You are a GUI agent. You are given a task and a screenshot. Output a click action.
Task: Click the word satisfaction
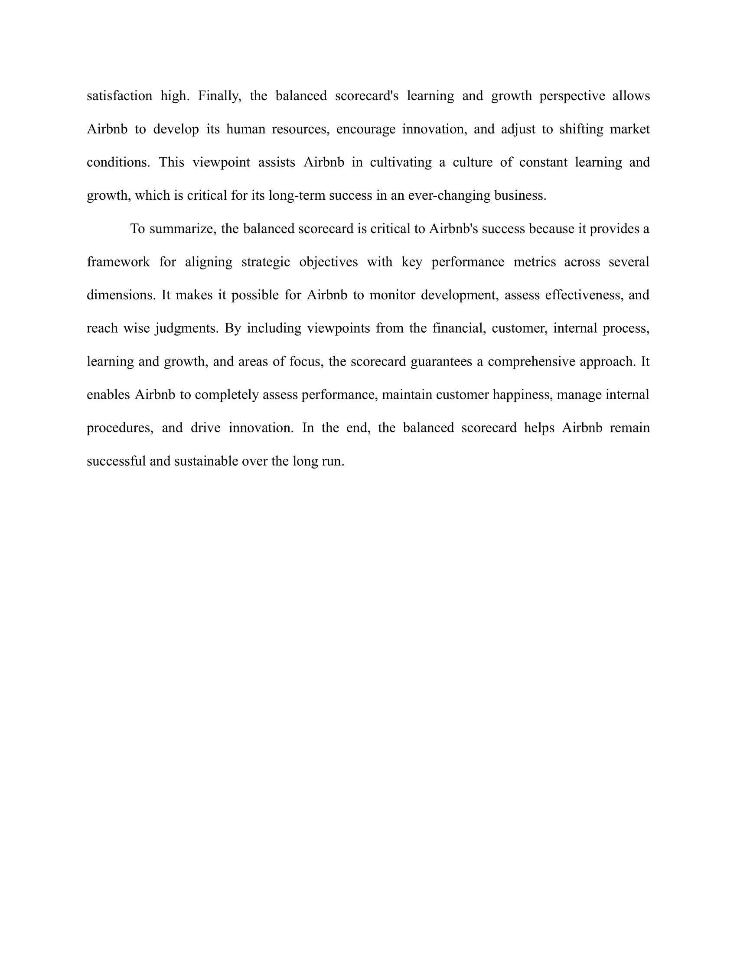[x=119, y=96]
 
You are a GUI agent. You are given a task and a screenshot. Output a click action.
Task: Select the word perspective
[x=572, y=96]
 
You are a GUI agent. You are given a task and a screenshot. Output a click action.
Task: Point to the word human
[x=245, y=129]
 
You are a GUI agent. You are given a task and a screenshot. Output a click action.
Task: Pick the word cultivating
[x=401, y=162]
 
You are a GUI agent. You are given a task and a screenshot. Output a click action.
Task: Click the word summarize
[x=183, y=229]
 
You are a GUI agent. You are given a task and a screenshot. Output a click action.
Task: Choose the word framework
[x=118, y=262]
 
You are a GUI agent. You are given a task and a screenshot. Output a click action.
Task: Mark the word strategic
[x=265, y=262]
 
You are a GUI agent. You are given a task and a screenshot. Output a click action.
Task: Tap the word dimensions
[x=121, y=295]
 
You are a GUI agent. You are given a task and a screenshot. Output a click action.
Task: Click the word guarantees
[x=441, y=362]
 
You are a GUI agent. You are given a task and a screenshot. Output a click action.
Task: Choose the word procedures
[x=120, y=428]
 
